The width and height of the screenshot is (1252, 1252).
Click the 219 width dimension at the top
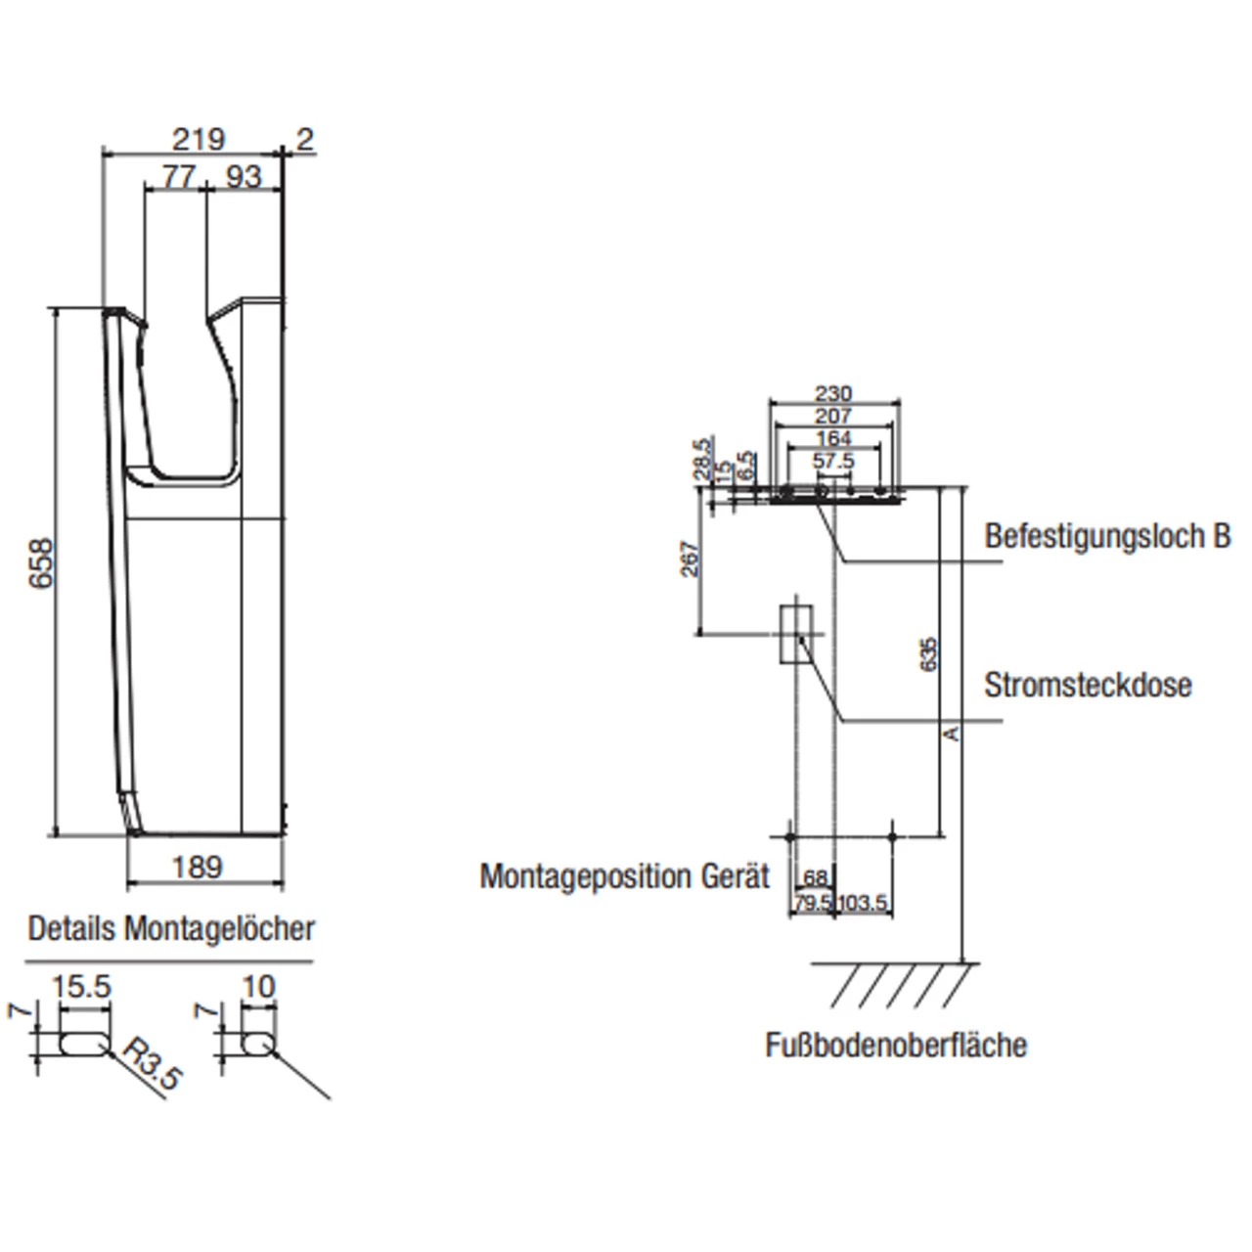click(199, 140)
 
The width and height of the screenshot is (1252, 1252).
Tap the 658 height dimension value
click(41, 563)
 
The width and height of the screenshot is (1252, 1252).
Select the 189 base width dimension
click(198, 867)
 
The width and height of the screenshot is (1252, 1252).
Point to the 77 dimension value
click(178, 176)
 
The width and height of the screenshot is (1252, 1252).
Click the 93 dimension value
click(244, 176)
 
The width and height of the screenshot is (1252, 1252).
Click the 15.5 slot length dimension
click(81, 987)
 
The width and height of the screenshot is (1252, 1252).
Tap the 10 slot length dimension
click(258, 987)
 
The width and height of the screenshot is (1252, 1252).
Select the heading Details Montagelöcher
click(171, 928)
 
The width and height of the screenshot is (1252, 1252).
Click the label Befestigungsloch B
click(1106, 536)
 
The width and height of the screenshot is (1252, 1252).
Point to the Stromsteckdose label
click(1088, 685)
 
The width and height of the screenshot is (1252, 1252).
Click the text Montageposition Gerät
click(624, 875)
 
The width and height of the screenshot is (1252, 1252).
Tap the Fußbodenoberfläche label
click(896, 1045)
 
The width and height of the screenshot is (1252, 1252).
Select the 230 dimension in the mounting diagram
click(833, 393)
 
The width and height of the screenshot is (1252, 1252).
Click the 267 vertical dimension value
click(690, 559)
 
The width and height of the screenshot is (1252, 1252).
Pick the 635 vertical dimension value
click(928, 653)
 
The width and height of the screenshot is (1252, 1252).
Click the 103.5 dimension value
click(862, 903)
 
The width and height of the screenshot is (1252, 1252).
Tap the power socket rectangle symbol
click(796, 634)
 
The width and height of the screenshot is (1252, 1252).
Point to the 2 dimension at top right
click(305, 140)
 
